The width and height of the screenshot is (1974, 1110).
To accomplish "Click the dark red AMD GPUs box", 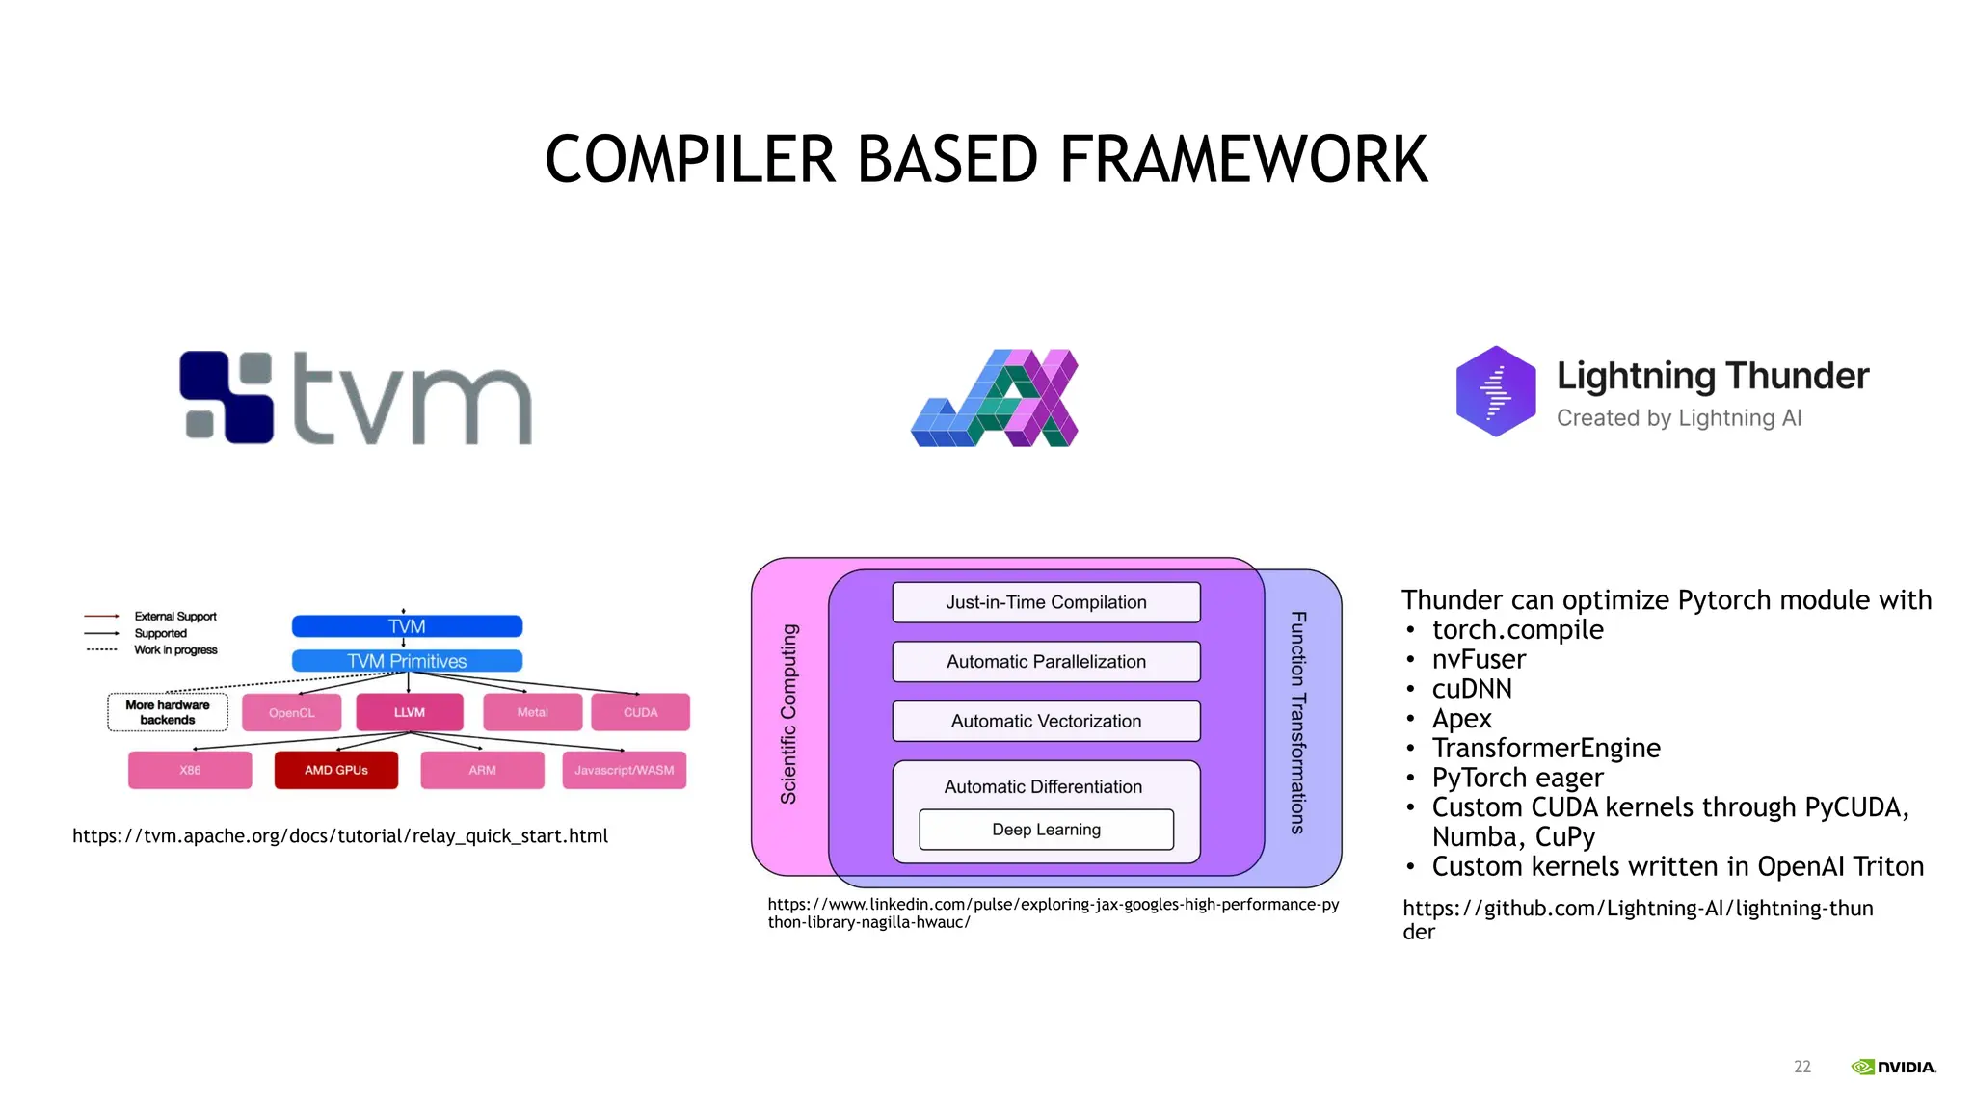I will point(335,770).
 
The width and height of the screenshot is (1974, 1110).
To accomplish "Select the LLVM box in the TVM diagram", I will point(409,712).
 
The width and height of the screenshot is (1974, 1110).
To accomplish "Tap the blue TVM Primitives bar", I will point(407,661).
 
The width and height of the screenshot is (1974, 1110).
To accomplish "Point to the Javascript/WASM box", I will point(624,770).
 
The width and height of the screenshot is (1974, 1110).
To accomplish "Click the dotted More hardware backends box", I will point(168,712).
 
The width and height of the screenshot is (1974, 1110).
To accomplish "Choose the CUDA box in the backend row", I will point(640,712).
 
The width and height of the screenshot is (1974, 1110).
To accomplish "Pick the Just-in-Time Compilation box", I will point(1046,602).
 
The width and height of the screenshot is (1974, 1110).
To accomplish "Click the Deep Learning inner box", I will point(1046,830).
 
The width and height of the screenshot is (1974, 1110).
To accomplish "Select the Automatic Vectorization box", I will point(1046,721).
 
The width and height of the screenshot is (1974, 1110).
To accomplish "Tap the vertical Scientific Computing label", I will point(788,714).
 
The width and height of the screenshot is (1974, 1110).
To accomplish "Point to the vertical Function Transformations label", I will point(1298,723).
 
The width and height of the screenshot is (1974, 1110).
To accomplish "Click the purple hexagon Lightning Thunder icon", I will point(1495,391).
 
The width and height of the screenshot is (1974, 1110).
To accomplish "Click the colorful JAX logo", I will point(995,398).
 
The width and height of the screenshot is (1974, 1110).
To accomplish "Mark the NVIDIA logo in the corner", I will point(1893,1067).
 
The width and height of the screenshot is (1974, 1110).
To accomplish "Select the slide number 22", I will point(1801,1067).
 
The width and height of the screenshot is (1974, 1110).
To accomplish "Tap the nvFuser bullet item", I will point(1479,660).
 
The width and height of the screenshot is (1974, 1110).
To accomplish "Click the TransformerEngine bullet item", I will point(1545,749).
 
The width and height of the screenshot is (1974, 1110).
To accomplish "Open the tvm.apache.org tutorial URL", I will point(340,836).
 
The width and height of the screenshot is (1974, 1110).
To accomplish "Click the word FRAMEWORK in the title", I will point(1243,160).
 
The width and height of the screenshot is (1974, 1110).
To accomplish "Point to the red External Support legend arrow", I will point(101,616).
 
